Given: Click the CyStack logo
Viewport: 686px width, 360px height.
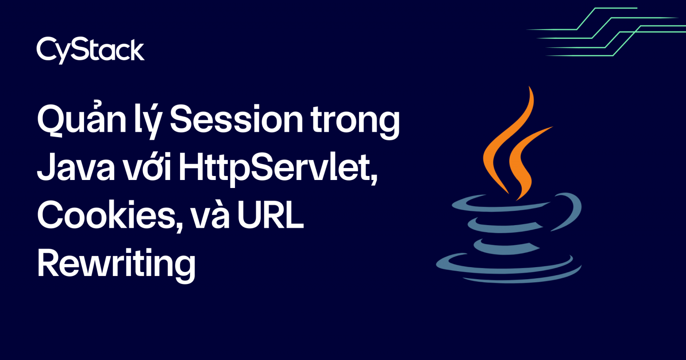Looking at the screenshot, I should point(90,50).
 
